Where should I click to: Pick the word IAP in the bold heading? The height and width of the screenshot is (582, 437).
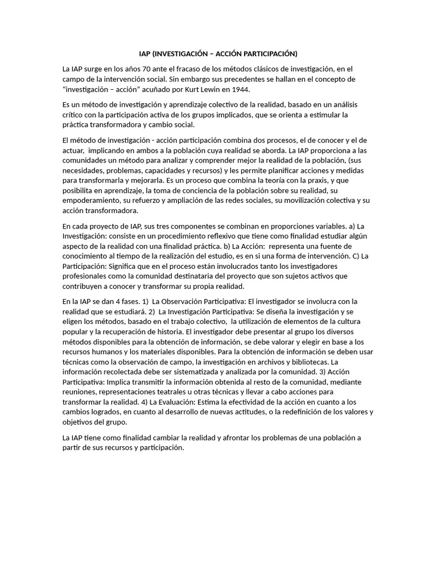coord(146,54)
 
